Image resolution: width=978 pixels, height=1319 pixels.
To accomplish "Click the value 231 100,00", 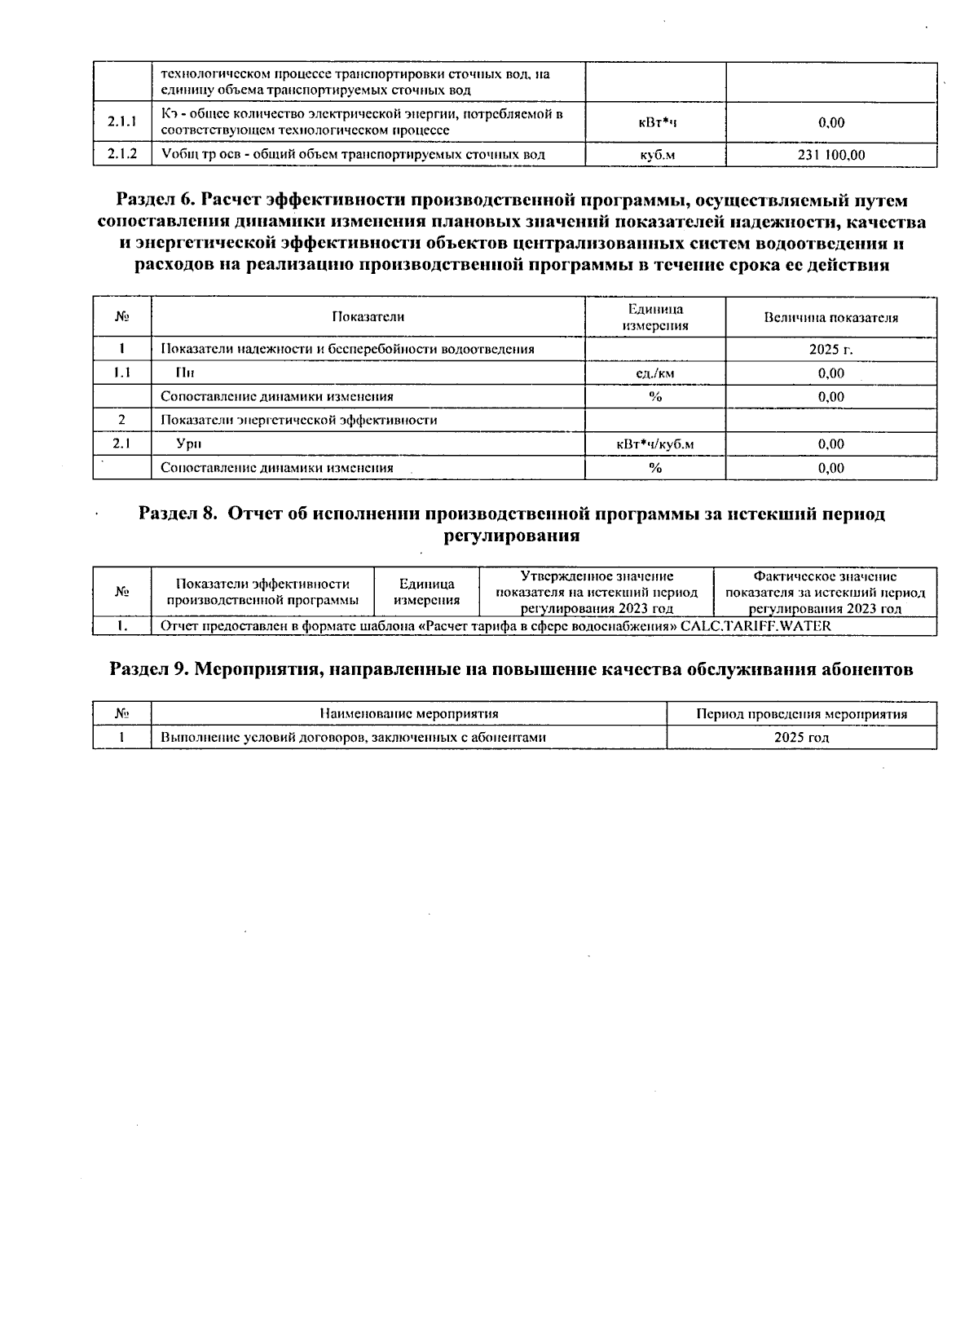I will point(831,155).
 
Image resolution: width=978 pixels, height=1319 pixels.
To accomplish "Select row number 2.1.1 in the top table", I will point(122,122).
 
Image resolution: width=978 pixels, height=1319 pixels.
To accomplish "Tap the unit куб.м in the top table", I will point(656,155).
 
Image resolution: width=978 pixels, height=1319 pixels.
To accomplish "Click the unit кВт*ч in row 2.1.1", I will point(656,122).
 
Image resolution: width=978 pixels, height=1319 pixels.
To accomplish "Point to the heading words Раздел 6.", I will point(155,201).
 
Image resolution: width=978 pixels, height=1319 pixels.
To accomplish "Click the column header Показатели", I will point(368,317).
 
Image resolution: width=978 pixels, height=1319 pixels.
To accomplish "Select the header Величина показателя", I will point(831,317).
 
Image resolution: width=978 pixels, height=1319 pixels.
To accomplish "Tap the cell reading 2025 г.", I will point(831,350).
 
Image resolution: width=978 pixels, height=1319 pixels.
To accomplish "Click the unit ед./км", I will point(656,373).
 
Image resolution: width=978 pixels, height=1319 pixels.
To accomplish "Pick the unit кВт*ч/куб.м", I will point(656,444).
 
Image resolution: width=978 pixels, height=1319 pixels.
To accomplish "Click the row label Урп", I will point(189,444).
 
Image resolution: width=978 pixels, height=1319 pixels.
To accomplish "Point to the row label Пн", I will point(186,373).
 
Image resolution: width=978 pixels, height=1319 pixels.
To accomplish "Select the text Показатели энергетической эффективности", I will point(298,421).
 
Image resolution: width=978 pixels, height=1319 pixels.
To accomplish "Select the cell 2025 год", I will point(801,738).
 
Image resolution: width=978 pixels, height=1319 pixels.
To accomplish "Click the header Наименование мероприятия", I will point(409,714).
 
